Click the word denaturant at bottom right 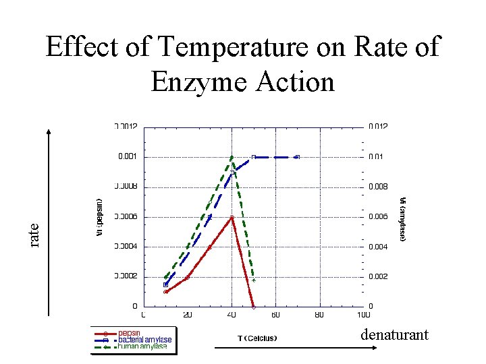[x=394, y=334]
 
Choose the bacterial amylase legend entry [x=144, y=340]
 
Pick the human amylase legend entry [x=142, y=346]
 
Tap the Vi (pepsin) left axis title [x=99, y=214]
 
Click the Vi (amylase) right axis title [x=402, y=219]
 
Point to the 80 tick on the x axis [x=319, y=314]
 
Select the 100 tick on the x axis [x=363, y=314]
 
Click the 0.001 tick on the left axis [x=127, y=156]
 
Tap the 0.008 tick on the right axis [x=378, y=187]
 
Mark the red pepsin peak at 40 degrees [x=232, y=217]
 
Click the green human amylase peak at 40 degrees [x=232, y=157]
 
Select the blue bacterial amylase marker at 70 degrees [x=297, y=157]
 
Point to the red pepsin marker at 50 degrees [x=254, y=307]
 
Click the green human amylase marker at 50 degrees [x=254, y=280]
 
